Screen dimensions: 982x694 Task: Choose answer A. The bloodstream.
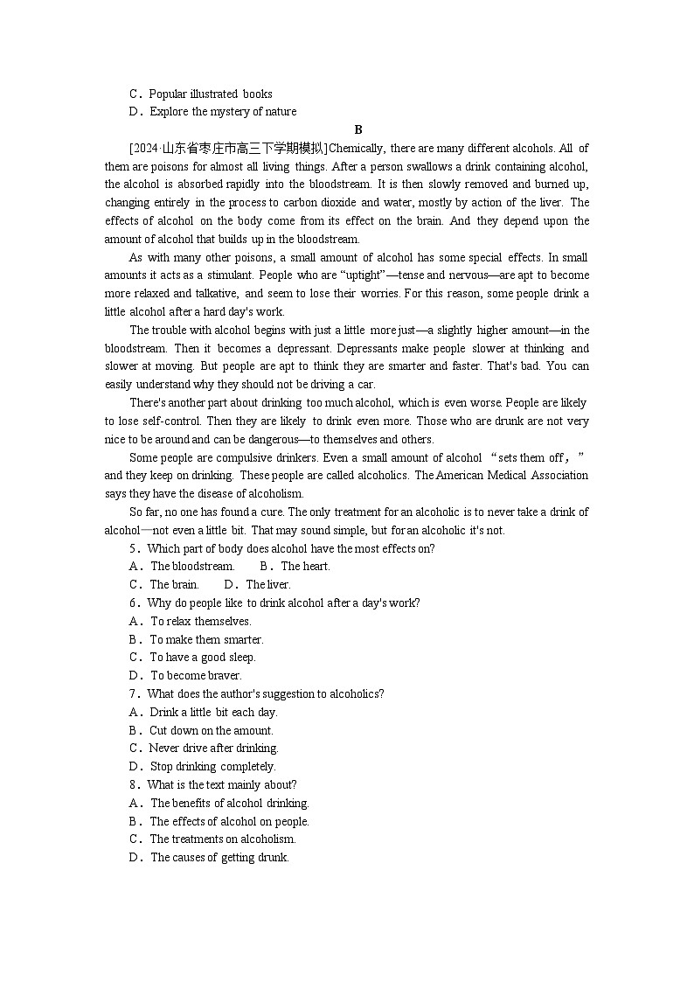tap(182, 567)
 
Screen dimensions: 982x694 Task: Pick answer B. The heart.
tap(295, 567)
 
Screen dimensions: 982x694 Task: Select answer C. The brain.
tap(164, 585)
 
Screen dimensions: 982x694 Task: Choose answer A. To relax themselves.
tap(191, 621)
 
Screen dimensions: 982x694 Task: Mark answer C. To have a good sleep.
tap(192, 658)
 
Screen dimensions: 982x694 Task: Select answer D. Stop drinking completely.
tap(202, 767)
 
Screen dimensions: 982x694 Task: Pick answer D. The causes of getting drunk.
tap(209, 858)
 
